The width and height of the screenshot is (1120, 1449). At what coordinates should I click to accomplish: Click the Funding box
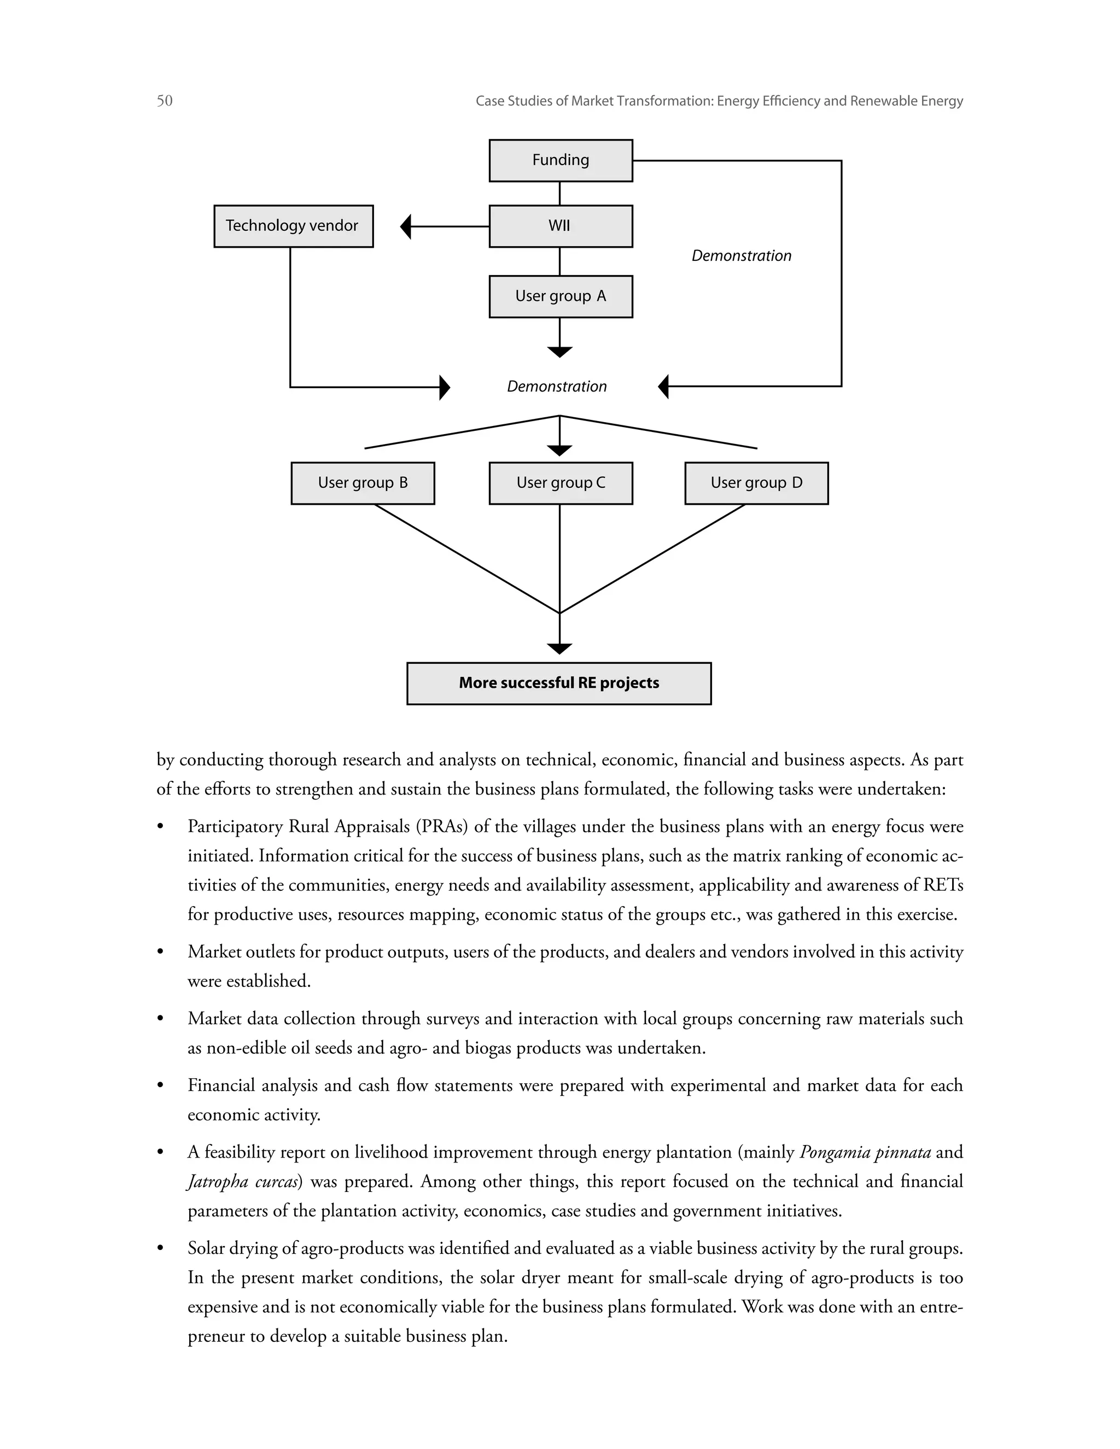tap(561, 161)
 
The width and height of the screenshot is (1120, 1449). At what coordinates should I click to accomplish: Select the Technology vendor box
tap(293, 226)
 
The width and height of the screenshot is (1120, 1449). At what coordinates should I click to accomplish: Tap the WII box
tap(561, 226)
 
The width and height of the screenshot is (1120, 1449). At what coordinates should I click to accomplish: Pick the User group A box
tap(561, 296)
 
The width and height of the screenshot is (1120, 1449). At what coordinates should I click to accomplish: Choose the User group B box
tap(363, 483)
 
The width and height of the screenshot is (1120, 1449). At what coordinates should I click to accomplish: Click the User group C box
tap(561, 483)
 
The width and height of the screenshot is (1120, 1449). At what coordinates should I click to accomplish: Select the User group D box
tap(756, 483)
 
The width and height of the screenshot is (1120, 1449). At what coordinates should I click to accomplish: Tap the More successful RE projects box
tap(559, 683)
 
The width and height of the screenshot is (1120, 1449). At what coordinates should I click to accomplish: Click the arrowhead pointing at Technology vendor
tap(406, 226)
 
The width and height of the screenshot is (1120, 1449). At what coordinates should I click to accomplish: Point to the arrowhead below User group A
tap(560, 352)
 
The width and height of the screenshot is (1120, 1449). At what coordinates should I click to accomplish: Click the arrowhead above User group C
tap(560, 451)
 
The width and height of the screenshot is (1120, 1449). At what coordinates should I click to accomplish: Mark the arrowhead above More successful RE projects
tap(560, 648)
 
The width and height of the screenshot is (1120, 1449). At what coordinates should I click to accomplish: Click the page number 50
tap(165, 101)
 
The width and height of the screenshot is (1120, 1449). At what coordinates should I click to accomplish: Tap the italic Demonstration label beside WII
tap(741, 256)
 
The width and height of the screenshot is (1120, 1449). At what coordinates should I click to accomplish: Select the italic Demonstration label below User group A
tap(557, 387)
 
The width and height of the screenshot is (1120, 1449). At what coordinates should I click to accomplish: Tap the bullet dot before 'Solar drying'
tap(160, 1249)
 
